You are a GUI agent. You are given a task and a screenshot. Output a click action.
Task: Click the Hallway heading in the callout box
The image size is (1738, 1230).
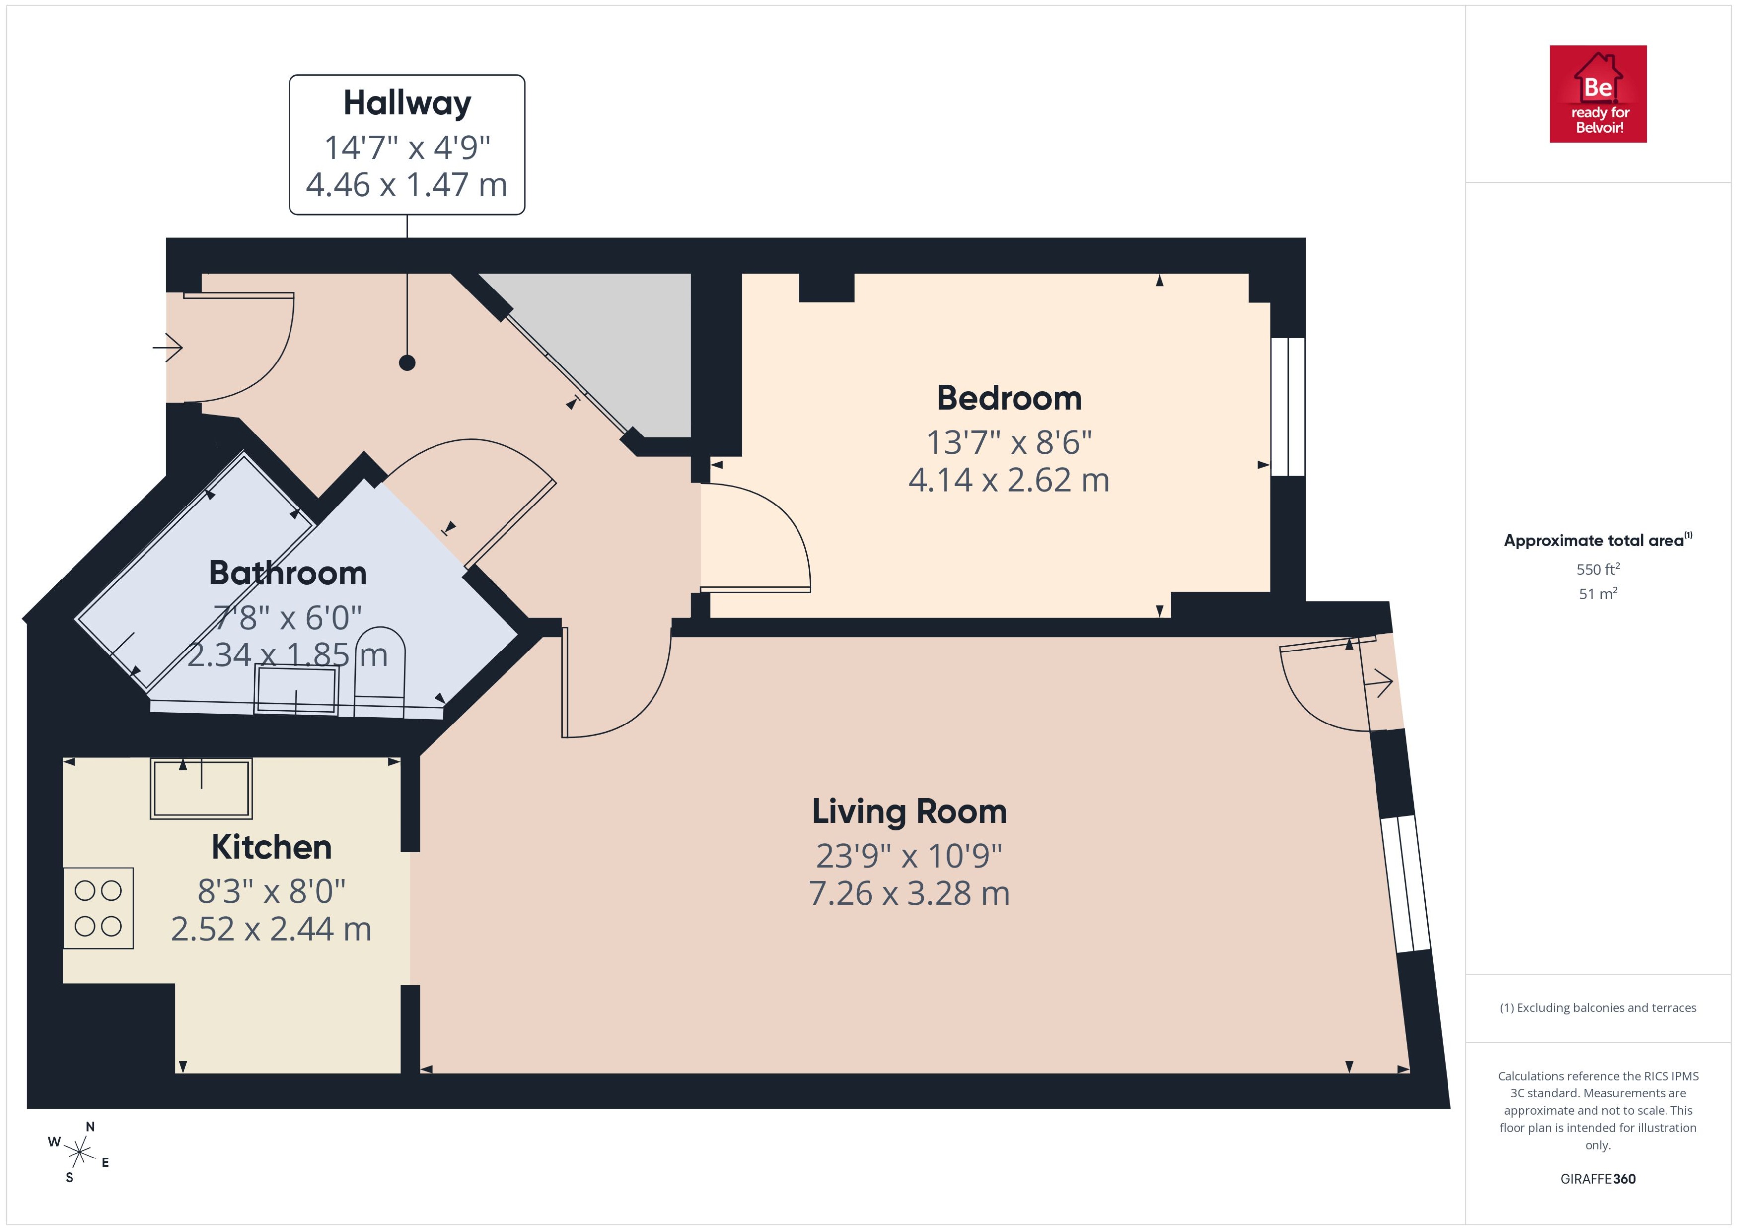click(407, 103)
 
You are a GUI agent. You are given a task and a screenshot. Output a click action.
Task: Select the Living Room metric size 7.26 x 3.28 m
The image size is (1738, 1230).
click(909, 894)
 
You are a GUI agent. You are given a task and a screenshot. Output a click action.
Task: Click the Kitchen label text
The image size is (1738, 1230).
click(271, 847)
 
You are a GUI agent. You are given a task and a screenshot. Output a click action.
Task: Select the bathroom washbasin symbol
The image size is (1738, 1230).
click(296, 689)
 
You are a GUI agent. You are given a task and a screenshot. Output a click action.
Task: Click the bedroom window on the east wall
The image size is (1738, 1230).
click(1288, 407)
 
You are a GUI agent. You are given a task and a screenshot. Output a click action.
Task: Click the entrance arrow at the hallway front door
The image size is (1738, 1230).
click(168, 348)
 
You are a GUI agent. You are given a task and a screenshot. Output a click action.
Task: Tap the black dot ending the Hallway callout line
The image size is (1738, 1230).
click(407, 363)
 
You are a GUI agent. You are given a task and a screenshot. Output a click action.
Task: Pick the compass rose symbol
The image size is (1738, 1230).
click(79, 1153)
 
